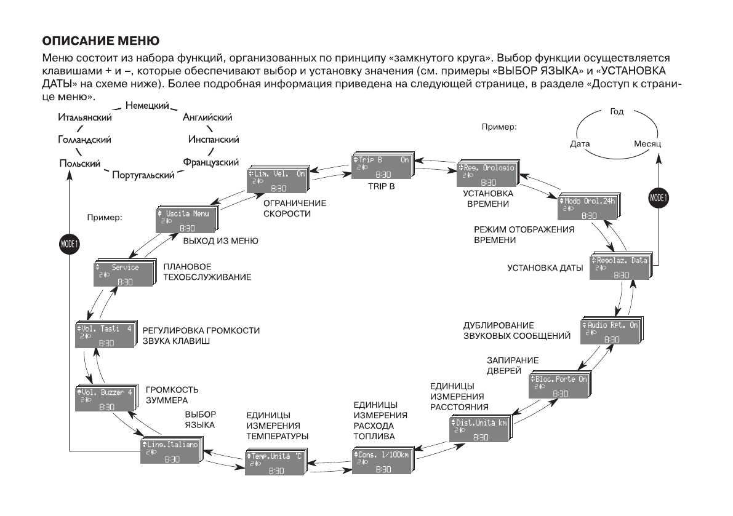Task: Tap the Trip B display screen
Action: coord(382,167)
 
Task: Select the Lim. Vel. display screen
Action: coord(277,181)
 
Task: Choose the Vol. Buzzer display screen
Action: coord(104,400)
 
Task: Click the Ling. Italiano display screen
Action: coord(172,451)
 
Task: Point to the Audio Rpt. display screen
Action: coord(611,331)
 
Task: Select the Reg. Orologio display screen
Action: coord(487,174)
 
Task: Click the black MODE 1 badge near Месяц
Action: coord(659,198)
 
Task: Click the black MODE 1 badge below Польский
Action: coord(69,244)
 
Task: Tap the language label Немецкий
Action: coord(147,107)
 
